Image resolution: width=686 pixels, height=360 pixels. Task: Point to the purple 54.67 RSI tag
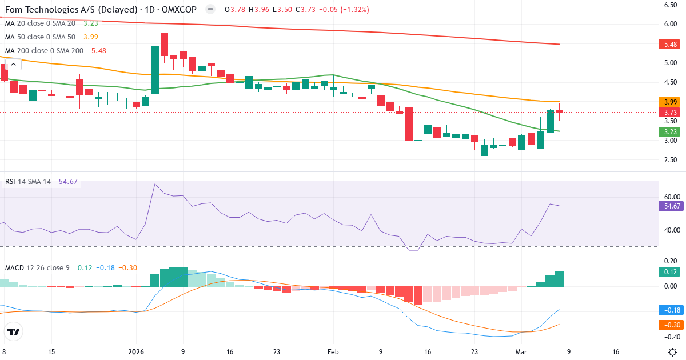(x=669, y=206)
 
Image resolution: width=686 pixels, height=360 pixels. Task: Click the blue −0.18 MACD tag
(x=669, y=310)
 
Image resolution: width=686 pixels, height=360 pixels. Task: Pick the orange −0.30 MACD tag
(x=669, y=325)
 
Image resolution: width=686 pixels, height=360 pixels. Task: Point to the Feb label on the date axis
(x=333, y=352)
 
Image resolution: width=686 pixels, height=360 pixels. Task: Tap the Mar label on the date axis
(x=521, y=352)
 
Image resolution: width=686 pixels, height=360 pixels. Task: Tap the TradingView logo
(x=13, y=331)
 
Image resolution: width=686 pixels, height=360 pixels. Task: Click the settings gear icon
(x=673, y=351)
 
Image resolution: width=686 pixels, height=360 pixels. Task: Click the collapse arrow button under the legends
(x=13, y=65)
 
